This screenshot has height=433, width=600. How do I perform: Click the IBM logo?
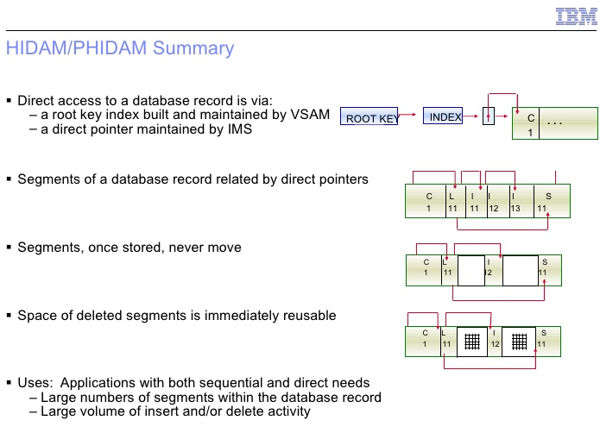coord(577,16)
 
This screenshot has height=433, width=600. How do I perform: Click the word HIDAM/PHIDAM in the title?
coord(77,48)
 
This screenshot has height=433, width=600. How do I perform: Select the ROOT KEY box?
coord(369,116)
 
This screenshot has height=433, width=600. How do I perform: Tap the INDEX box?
coord(443,116)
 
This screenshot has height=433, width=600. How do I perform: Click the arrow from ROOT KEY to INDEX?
coord(407,114)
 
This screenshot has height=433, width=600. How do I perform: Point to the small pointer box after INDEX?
coord(489,116)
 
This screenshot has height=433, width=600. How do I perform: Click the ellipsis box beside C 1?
coord(568,123)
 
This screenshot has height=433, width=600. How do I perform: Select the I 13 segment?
coord(521,201)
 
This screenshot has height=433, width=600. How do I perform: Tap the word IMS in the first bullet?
coord(240,129)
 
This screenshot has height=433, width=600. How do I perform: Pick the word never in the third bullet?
coord(182,248)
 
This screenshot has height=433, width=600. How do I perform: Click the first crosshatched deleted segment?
coord(472,342)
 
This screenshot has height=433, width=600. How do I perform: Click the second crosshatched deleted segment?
coord(519,342)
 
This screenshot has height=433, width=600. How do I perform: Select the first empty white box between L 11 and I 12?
coord(471,271)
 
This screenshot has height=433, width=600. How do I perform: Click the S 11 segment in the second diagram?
coord(552,201)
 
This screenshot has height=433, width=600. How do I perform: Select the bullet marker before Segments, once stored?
coord(9,248)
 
